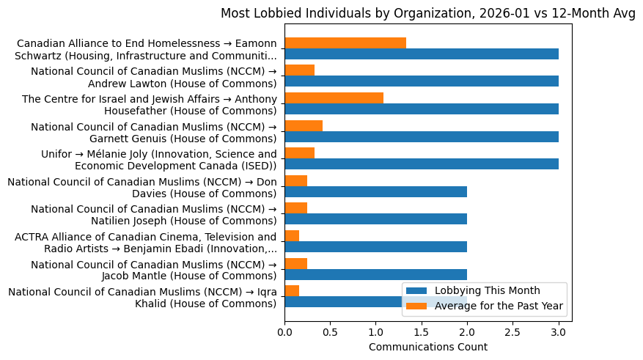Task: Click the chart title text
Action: coord(428,13)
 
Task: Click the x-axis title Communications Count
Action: coord(428,347)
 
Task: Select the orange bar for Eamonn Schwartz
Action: coord(345,43)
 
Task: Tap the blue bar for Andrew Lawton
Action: coord(422,81)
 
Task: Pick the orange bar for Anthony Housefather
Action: coord(334,98)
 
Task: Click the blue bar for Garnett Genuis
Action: coord(422,136)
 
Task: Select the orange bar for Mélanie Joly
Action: coord(299,153)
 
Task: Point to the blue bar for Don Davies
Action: coord(375,191)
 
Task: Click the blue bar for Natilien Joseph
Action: coord(375,219)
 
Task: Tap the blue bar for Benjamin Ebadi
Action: coord(375,246)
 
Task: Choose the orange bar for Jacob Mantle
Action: coord(295,263)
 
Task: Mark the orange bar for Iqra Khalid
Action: coord(292,290)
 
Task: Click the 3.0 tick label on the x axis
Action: coord(559,332)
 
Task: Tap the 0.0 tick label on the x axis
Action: coord(284,332)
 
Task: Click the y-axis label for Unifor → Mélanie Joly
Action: coord(159,159)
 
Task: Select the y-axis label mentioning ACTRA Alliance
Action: coord(146,242)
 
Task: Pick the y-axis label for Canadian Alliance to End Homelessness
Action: coord(147,50)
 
